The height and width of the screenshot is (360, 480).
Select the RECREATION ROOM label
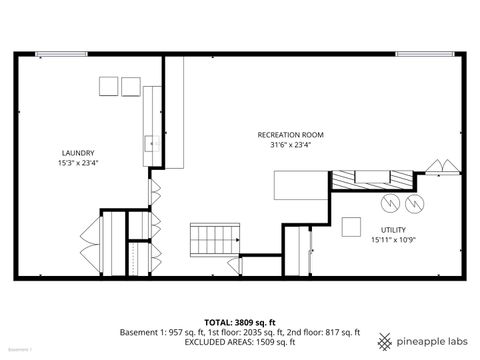(290, 135)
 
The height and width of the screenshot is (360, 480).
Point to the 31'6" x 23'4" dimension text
(290, 145)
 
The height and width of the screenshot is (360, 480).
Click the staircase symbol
(215, 239)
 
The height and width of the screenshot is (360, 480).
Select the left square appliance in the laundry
(107, 86)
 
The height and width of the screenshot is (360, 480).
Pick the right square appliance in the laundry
(131, 86)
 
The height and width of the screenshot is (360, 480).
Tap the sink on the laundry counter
(153, 143)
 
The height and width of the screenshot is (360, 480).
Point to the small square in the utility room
(351, 227)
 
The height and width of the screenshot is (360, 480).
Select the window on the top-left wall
(59, 54)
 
